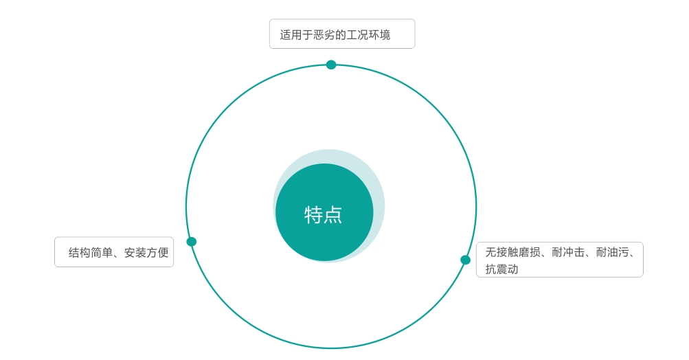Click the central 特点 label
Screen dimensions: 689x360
(x=323, y=215)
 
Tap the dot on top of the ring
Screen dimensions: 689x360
(x=331, y=65)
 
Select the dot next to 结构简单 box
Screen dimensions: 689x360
(x=192, y=242)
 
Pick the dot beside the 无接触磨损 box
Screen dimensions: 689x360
(x=465, y=260)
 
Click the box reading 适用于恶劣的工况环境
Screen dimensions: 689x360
(x=342, y=34)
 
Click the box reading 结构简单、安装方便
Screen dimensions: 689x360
(x=114, y=252)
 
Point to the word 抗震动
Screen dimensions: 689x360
(x=502, y=269)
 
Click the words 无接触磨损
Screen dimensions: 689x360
(x=512, y=252)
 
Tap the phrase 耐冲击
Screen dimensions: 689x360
(x=568, y=252)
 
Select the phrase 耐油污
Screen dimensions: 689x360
(x=613, y=252)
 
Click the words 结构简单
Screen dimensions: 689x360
(x=91, y=252)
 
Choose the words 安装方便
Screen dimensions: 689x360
(x=146, y=252)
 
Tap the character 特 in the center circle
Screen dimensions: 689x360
(x=313, y=215)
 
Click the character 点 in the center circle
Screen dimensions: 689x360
(x=333, y=215)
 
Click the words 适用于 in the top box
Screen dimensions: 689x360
(x=296, y=35)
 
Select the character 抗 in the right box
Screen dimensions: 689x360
(x=491, y=269)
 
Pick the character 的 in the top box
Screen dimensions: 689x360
(x=341, y=35)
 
